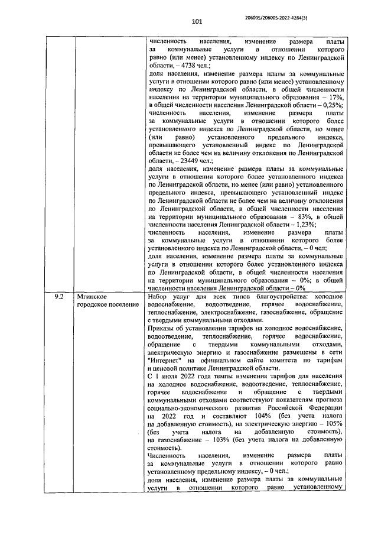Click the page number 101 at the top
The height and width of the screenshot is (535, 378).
coord(197,22)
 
